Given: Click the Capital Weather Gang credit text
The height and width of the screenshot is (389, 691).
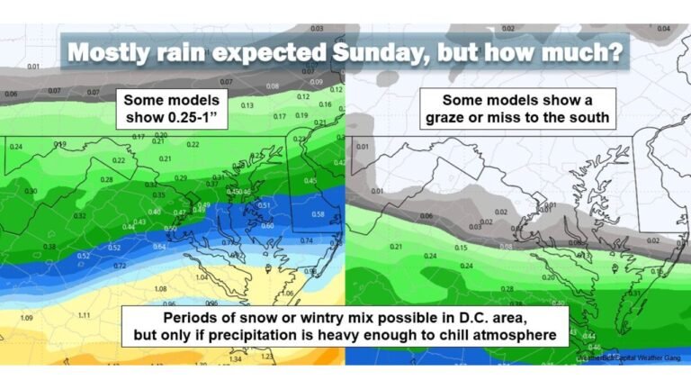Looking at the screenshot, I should click(x=629, y=357).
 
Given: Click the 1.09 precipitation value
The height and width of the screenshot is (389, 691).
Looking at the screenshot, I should click(x=27, y=319).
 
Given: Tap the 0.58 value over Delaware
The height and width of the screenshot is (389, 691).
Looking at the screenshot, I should click(x=318, y=214).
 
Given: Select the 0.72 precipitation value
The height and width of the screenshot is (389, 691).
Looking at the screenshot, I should click(x=120, y=267).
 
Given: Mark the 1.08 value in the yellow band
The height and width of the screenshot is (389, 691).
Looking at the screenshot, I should click(x=162, y=289).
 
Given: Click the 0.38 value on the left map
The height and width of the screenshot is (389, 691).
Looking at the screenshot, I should click(x=49, y=246).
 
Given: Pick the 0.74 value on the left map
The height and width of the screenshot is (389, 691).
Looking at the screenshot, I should click(x=309, y=240).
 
